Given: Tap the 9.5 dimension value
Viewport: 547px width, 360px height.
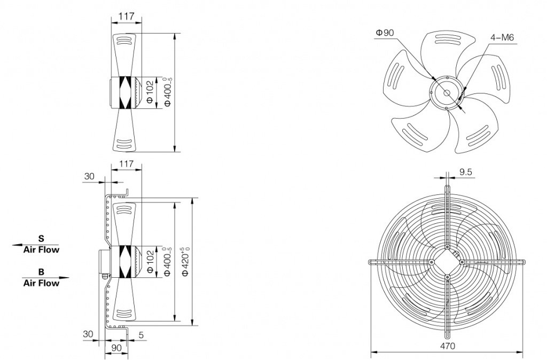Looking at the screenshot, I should point(466,172).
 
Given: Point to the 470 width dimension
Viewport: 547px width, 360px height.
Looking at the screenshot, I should point(448,346).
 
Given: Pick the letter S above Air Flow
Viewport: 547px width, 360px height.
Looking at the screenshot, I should point(41,238).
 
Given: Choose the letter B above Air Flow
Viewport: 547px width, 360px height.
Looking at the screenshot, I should point(41,271).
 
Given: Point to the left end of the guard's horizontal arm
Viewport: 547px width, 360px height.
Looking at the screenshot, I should point(371,262).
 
